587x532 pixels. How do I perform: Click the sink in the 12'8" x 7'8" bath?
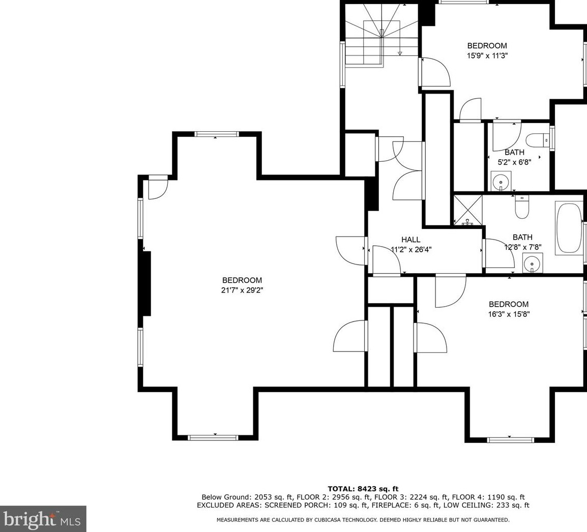coord(532,263)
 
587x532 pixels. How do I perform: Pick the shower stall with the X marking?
coord(467,209)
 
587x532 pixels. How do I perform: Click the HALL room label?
coord(410,240)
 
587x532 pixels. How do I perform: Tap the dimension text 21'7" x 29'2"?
coord(242,290)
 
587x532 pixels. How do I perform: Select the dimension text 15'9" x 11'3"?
coord(487,56)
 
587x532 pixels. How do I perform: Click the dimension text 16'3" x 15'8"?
coord(509,314)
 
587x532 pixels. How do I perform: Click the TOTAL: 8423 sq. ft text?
coord(363,489)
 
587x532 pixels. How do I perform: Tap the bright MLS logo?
coord(43,519)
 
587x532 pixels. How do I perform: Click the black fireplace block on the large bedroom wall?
coord(145,283)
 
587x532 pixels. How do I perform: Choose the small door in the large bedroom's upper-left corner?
coord(157,188)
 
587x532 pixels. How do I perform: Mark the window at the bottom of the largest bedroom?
coord(213,437)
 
